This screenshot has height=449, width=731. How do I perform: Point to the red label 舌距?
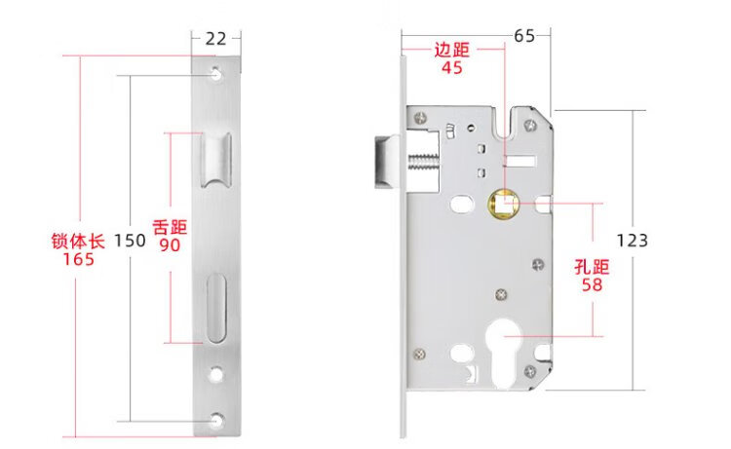pyautogui.click(x=170, y=227)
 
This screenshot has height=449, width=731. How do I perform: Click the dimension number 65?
pyautogui.click(x=524, y=37)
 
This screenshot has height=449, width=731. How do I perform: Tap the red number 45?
pyautogui.click(x=451, y=68)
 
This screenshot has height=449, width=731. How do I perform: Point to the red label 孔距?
pyautogui.click(x=591, y=267)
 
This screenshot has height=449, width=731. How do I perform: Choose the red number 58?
pyautogui.click(x=591, y=285)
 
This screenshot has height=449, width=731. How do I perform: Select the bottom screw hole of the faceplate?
pyautogui.click(x=216, y=419)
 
